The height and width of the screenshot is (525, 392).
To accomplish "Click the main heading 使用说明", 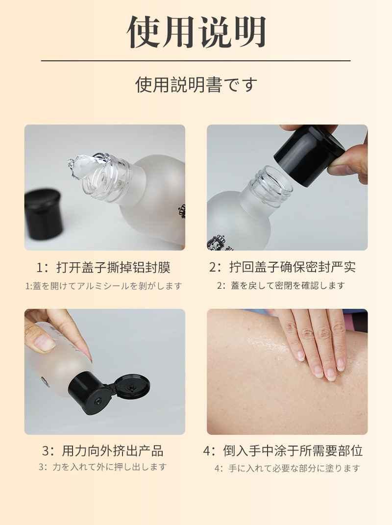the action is coord(196,32).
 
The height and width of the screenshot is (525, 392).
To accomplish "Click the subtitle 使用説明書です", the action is coord(196,84).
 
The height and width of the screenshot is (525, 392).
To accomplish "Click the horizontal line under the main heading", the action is coord(196,61).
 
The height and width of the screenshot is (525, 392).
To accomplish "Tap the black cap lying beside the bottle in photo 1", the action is coord(44,214).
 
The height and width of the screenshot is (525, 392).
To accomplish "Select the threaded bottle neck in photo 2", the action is coord(270,183).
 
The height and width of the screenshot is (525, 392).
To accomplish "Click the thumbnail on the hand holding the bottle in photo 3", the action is coord(45,343).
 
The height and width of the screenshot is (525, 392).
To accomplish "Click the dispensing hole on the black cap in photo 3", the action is coord(99,401).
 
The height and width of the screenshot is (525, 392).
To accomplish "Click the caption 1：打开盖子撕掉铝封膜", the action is coord(103,267).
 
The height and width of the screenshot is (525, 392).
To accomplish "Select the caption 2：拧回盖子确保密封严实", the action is coord(282,267).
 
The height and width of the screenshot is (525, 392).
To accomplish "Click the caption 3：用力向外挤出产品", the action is coord(102,450).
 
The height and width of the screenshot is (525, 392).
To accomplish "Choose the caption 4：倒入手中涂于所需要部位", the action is coord(283,450).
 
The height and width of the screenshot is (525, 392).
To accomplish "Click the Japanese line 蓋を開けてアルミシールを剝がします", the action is coord(107,286).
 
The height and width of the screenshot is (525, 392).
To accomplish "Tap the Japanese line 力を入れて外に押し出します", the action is coord(109,467).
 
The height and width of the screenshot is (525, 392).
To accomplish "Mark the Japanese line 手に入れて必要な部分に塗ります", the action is coord(294,468).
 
